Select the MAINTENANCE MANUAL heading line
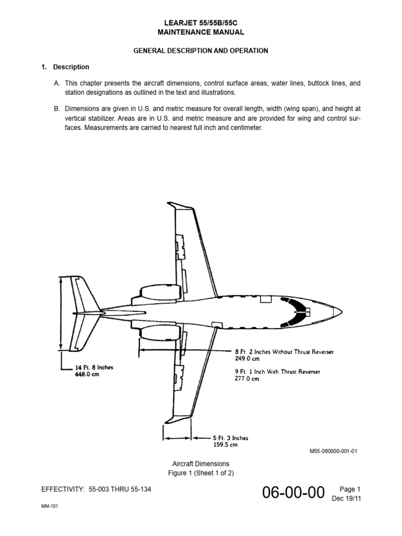point(201,32)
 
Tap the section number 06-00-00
point(295,493)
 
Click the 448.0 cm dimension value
point(86,374)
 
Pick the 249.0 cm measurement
point(247,359)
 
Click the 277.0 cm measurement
point(247,379)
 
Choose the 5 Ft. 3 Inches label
point(230,438)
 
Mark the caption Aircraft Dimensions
point(201,464)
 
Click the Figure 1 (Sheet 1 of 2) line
point(201,473)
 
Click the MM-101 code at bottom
point(50,513)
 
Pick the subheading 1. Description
point(65,67)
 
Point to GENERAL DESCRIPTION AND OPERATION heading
point(201,51)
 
